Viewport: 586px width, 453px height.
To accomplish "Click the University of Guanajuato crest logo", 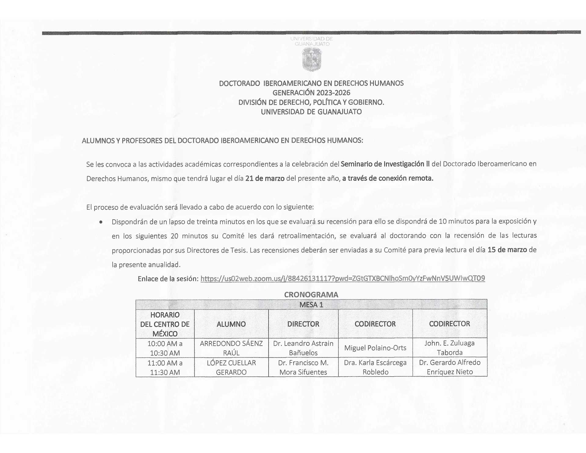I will click(x=312, y=60).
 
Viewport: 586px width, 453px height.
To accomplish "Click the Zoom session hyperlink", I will click(x=342, y=278).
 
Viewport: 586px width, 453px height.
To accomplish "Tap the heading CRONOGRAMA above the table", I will click(x=311, y=295).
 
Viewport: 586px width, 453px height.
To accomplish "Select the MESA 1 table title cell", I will click(x=311, y=305).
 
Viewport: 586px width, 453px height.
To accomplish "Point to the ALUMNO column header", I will click(x=231, y=324).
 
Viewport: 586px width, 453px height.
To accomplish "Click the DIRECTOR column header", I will click(x=303, y=324).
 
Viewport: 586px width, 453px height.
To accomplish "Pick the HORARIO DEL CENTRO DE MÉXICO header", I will click(x=165, y=324).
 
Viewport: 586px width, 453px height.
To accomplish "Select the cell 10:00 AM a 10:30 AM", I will click(x=165, y=348).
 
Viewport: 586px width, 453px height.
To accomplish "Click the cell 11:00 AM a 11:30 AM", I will click(x=165, y=368).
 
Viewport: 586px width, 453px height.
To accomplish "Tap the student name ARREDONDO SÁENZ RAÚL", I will click(x=231, y=348).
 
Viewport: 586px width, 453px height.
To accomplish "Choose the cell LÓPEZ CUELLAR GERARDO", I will click(x=231, y=368).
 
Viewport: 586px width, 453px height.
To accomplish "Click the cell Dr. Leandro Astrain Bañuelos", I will click(x=303, y=348).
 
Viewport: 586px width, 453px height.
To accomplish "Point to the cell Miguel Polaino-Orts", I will click(x=375, y=348).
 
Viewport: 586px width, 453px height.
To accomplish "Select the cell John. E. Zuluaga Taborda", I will click(x=449, y=348).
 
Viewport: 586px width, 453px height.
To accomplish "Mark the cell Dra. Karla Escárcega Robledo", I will click(x=375, y=367).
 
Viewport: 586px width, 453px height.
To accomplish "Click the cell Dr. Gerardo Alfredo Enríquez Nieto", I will click(x=450, y=367).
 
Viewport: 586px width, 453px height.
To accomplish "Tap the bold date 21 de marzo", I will click(x=265, y=178).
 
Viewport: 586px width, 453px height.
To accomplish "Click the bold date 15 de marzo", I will click(x=507, y=250).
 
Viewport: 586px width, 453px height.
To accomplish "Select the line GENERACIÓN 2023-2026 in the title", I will click(x=311, y=93).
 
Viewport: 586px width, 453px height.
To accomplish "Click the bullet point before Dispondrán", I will click(x=101, y=222).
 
